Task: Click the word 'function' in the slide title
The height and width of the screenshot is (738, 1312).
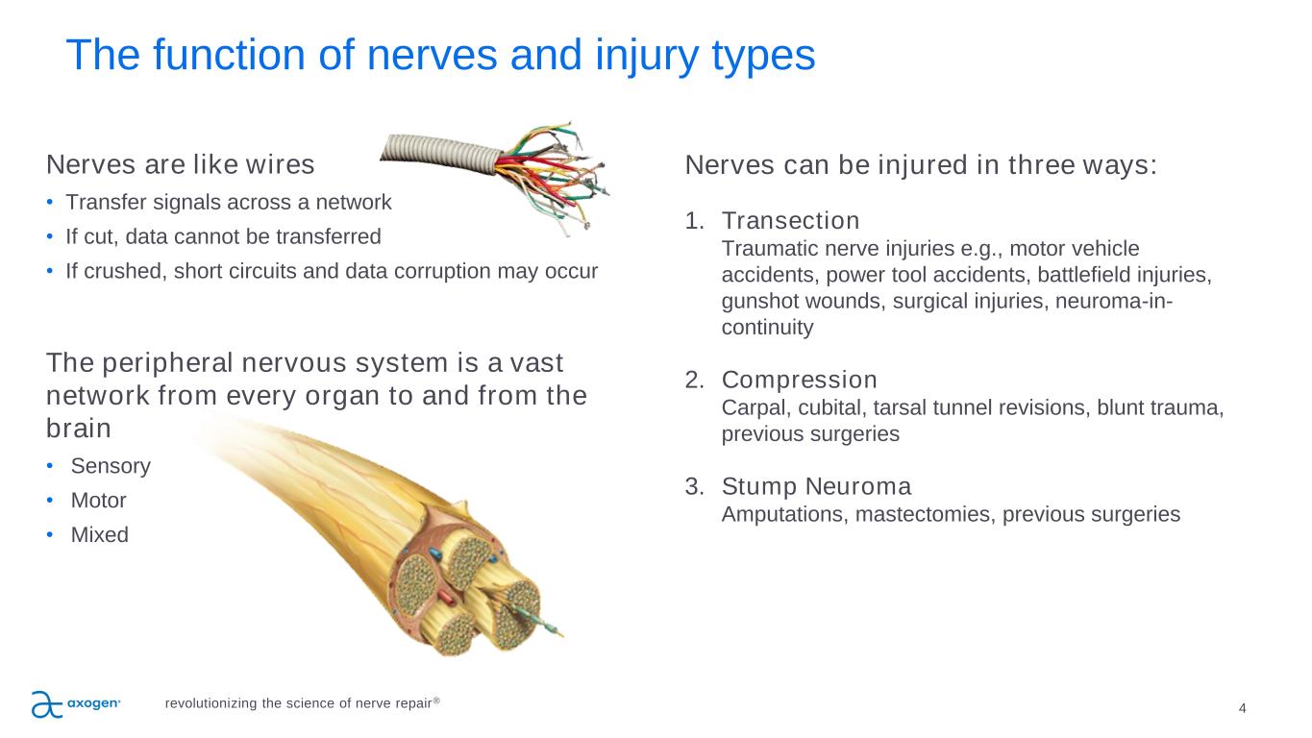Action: click(253, 55)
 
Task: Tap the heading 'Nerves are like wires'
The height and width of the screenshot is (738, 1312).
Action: click(181, 164)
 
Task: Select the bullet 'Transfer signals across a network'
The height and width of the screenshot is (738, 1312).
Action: click(229, 202)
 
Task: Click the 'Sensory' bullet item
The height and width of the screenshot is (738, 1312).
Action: click(111, 466)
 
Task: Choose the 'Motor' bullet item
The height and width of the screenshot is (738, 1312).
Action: click(98, 501)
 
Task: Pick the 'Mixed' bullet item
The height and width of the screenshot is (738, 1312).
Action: click(100, 534)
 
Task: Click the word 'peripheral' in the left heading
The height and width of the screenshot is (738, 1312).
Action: click(168, 363)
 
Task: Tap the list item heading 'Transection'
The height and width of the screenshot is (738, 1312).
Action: click(791, 221)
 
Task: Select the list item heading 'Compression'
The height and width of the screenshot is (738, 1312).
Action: click(800, 381)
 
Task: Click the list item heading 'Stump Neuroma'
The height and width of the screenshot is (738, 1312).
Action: click(816, 486)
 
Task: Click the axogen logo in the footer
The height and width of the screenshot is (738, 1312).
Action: click(76, 704)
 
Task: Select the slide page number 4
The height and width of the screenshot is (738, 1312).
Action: click(1242, 708)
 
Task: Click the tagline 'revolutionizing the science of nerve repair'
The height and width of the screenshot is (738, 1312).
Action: click(302, 702)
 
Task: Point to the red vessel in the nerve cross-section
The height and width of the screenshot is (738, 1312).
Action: click(448, 599)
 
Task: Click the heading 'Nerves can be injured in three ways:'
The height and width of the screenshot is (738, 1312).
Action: click(921, 165)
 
